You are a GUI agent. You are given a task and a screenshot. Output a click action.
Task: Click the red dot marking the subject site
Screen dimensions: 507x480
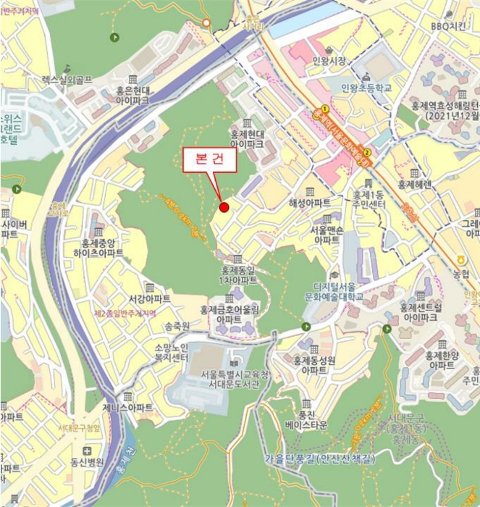coord(224,208)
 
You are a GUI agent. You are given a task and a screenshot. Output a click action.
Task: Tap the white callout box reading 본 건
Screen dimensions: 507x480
coord(209,161)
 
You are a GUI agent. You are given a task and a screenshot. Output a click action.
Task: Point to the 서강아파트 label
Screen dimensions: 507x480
coord(150,299)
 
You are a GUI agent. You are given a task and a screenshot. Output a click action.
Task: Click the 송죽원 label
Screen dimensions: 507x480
coord(177,327)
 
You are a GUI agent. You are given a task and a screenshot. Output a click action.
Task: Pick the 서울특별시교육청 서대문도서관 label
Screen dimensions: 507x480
coord(229,379)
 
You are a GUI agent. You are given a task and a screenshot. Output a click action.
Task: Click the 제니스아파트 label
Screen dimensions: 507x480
coord(128,408)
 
